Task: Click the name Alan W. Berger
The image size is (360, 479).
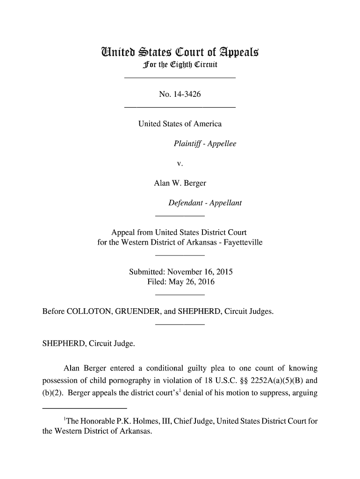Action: [x=180, y=183]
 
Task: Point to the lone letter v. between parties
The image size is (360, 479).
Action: [x=180, y=163]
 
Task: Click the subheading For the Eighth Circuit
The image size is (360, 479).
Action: [x=180, y=64]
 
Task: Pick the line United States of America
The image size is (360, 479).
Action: [x=180, y=124]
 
